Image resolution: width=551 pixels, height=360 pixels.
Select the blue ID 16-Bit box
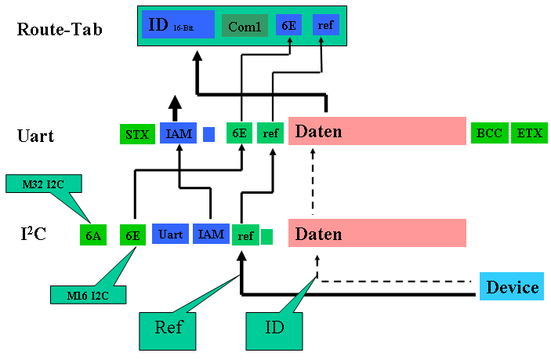[179, 26]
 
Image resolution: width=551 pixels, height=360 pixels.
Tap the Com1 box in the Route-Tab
[244, 27]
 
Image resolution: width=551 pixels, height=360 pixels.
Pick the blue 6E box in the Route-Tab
[288, 26]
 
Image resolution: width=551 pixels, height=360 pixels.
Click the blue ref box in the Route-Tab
[325, 26]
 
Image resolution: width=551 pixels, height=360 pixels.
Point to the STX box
[137, 133]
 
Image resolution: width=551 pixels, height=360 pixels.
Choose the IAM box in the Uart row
[178, 133]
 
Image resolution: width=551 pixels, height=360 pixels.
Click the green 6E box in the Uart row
[238, 133]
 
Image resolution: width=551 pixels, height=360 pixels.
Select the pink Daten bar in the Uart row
[377, 132]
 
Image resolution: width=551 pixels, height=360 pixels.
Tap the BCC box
[490, 133]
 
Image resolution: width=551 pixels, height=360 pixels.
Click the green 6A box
[93, 235]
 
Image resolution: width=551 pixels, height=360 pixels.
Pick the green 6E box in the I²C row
[133, 235]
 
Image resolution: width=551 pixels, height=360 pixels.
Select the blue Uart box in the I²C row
[170, 235]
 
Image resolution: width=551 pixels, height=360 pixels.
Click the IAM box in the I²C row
[210, 235]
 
